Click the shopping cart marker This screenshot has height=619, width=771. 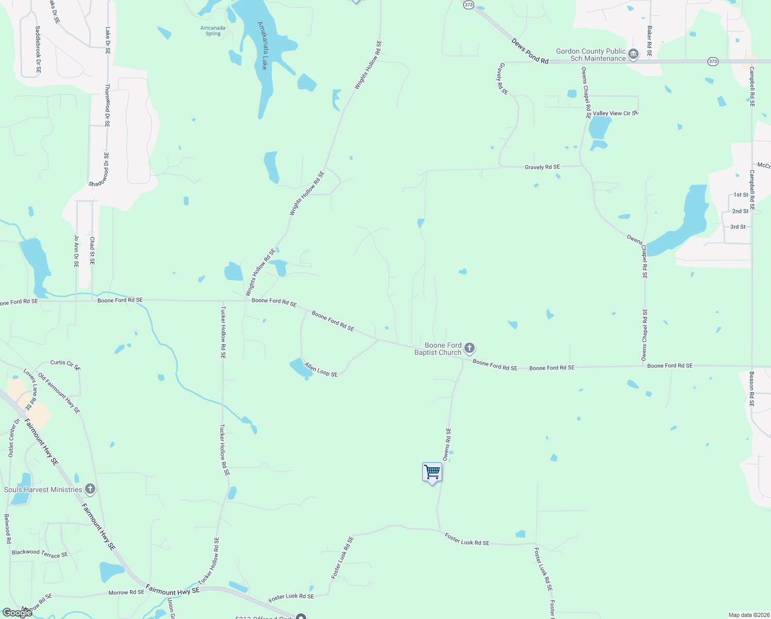(432, 472)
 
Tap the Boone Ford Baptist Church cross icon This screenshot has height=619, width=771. (469, 348)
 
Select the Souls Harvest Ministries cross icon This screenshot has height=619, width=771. (90, 488)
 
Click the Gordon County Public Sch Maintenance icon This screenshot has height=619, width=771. (633, 54)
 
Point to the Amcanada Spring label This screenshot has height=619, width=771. (213, 31)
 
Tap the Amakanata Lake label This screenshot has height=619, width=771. (263, 45)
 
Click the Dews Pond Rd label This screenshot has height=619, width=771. (530, 51)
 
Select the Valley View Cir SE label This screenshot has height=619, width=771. (615, 113)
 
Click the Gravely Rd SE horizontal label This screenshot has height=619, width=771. (542, 167)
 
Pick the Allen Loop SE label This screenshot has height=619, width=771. (321, 370)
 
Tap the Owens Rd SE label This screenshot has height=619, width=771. (447, 444)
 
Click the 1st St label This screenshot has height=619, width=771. (741, 194)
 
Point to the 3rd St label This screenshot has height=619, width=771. (738, 227)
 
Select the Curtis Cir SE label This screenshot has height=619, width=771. (65, 365)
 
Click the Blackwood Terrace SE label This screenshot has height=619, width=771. (40, 553)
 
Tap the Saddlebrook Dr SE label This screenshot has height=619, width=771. (38, 50)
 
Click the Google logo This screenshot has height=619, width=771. (18, 612)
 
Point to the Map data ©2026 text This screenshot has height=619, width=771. (748, 615)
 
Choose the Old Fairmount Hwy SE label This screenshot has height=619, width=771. (59, 393)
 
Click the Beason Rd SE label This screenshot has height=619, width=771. (751, 389)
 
